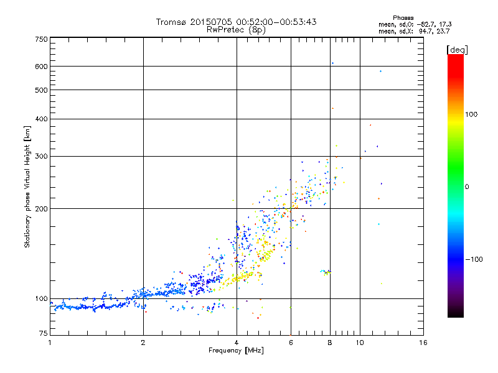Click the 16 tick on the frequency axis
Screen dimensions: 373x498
(423, 343)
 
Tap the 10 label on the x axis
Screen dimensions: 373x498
(359, 343)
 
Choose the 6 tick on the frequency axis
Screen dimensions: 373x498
(291, 343)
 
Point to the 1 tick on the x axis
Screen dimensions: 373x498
(50, 343)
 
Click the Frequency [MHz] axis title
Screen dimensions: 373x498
(236, 351)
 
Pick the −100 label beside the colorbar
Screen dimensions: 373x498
(474, 259)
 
